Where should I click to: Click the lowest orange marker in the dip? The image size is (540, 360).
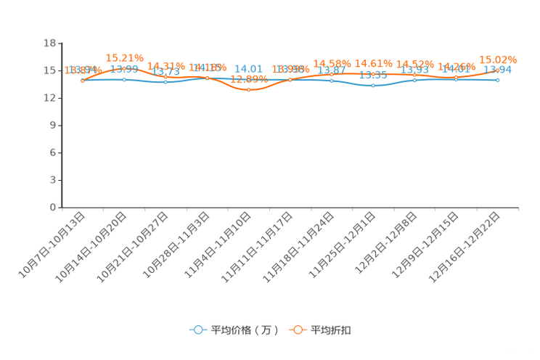coord(249,89)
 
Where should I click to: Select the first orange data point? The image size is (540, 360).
coord(83,81)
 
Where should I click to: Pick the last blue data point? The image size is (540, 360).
coord(498,80)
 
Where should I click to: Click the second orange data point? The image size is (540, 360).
coord(124,67)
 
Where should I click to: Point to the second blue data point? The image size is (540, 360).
coord(124,78)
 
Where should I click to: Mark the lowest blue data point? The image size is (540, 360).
coord(373,85)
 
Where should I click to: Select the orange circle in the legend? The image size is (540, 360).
coord(298,330)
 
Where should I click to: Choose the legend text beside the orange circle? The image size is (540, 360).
coord(332,330)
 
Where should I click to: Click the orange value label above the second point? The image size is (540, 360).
coord(124,57)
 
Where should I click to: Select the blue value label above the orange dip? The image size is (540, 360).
coord(249,67)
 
